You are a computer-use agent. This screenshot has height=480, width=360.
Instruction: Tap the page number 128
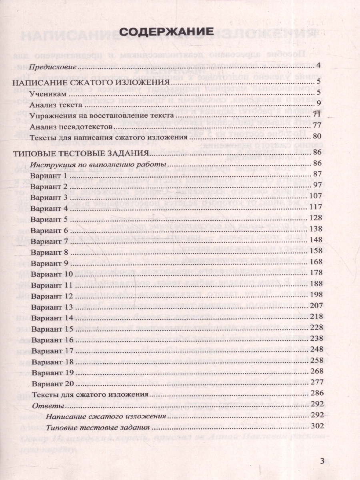click(316, 219)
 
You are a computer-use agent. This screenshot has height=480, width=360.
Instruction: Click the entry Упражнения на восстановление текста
click(102, 116)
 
